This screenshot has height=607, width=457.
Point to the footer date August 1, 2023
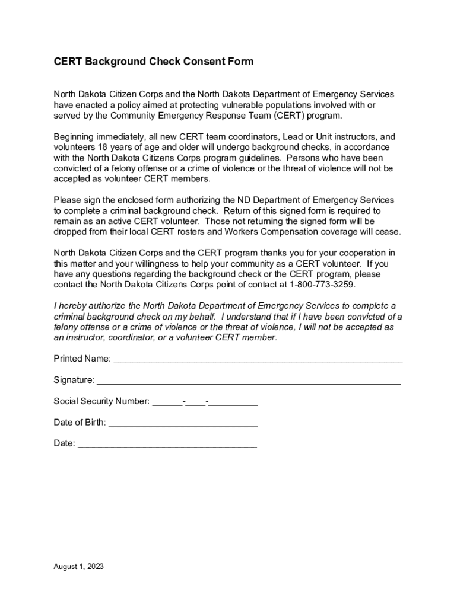(x=79, y=567)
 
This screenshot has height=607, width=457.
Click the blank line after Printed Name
(x=258, y=360)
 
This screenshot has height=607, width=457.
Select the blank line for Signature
(x=249, y=381)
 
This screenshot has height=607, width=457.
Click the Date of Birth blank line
(x=183, y=424)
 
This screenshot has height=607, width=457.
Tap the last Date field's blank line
(x=167, y=445)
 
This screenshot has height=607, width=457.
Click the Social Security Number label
(x=101, y=401)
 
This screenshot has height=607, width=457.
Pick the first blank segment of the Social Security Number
(x=168, y=403)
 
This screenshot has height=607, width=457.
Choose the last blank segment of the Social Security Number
(x=234, y=403)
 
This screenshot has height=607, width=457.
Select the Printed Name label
(x=82, y=359)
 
